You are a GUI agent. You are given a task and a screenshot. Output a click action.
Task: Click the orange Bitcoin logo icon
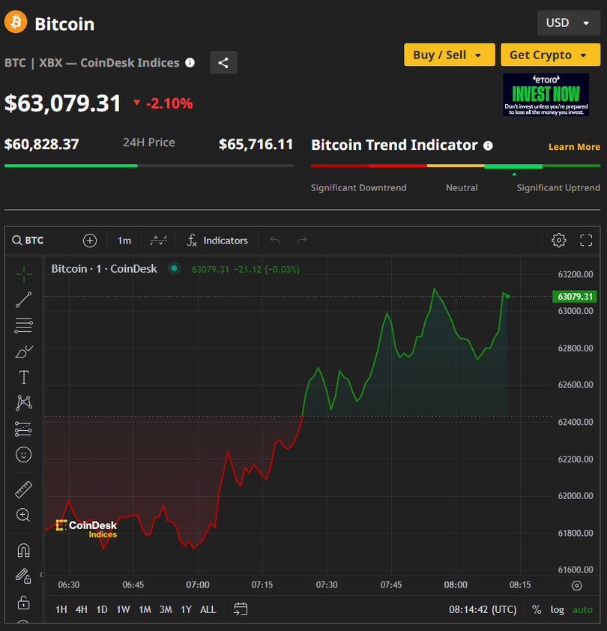point(16,22)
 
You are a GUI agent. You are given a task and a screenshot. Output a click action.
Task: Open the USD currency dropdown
point(568,22)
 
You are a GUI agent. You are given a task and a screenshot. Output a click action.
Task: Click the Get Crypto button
point(550,55)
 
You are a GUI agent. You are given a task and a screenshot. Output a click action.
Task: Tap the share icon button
point(223,63)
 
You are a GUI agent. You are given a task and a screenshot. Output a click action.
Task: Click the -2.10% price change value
point(169,103)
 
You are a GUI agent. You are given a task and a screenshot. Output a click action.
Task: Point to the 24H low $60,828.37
point(42,144)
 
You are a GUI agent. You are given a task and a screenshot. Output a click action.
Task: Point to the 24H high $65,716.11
point(256,144)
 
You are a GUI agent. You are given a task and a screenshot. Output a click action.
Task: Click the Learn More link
point(574,147)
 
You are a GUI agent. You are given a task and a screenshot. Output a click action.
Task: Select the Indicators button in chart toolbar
point(217,241)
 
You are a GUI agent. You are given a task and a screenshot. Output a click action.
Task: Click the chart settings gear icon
point(558,241)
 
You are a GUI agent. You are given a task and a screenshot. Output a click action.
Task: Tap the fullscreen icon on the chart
point(586,241)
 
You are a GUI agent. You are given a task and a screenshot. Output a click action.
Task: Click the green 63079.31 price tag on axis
point(575,297)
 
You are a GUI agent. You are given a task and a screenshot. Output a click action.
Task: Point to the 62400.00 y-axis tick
point(575,423)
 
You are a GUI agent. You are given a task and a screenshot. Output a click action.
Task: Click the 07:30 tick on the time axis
point(327,585)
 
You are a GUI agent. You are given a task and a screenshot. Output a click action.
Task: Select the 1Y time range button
point(186,609)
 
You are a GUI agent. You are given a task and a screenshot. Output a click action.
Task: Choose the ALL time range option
point(208,609)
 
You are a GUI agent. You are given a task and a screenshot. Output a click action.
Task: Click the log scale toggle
point(557,609)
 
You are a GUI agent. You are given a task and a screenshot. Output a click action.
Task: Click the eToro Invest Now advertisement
point(546,94)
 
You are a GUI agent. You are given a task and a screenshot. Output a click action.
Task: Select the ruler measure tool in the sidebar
point(23,490)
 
